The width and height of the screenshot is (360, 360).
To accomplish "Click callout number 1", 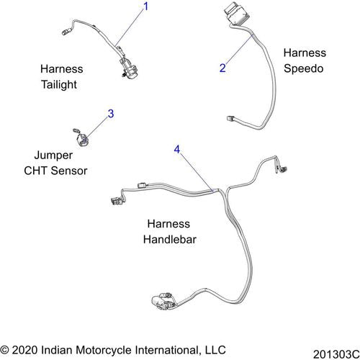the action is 146,6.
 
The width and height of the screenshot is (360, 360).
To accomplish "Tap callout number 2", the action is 222,68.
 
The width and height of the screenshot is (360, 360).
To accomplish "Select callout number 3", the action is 111,114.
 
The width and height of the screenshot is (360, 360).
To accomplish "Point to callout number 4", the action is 177,150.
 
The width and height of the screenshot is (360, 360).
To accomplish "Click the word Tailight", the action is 59,84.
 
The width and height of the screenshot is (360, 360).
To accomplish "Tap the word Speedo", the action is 303,68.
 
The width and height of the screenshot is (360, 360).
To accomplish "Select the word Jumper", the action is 53,156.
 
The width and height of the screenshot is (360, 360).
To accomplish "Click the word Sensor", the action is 69,171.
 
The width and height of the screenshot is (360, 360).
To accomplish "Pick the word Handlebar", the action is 170,240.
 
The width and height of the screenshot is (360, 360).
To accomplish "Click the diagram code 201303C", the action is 336,354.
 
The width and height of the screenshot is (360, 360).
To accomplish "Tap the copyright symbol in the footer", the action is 4,350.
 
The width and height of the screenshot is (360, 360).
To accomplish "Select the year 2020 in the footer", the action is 24,350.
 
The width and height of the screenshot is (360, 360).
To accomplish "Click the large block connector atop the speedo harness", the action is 236,14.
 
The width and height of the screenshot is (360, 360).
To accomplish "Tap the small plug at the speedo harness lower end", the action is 231,119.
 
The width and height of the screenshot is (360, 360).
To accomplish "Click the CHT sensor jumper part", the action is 81,138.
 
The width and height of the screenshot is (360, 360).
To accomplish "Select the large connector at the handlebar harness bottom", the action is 163,301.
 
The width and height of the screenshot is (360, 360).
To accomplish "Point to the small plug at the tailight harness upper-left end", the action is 66,32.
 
